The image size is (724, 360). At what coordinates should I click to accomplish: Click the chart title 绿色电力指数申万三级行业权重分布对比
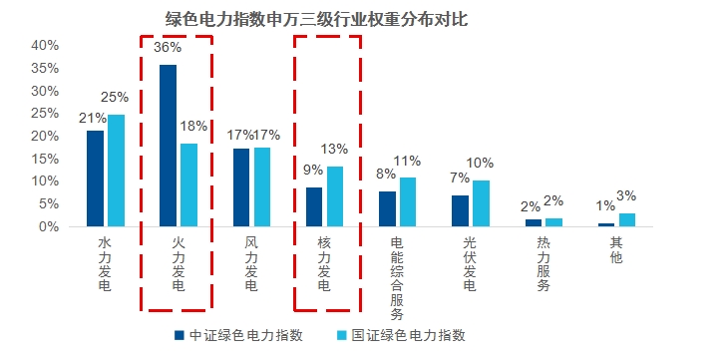(316, 19)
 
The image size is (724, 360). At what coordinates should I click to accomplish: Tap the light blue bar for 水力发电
(117, 171)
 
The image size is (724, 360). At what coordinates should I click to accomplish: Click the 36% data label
(168, 48)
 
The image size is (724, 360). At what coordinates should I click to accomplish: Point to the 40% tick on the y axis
(45, 45)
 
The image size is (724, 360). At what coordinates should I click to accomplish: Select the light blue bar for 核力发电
(335, 196)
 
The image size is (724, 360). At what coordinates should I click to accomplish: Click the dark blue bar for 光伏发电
(460, 210)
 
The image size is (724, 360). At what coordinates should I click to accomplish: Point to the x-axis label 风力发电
(251, 263)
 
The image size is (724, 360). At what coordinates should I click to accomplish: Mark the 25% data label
(115, 98)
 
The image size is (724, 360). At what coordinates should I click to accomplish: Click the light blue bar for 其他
(627, 219)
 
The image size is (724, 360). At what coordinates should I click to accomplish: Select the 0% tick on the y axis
(49, 226)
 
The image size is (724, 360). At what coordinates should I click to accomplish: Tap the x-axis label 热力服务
(543, 263)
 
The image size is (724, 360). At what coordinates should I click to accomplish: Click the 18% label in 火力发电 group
(193, 127)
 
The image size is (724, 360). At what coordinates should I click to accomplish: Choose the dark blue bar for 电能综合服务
(387, 208)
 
